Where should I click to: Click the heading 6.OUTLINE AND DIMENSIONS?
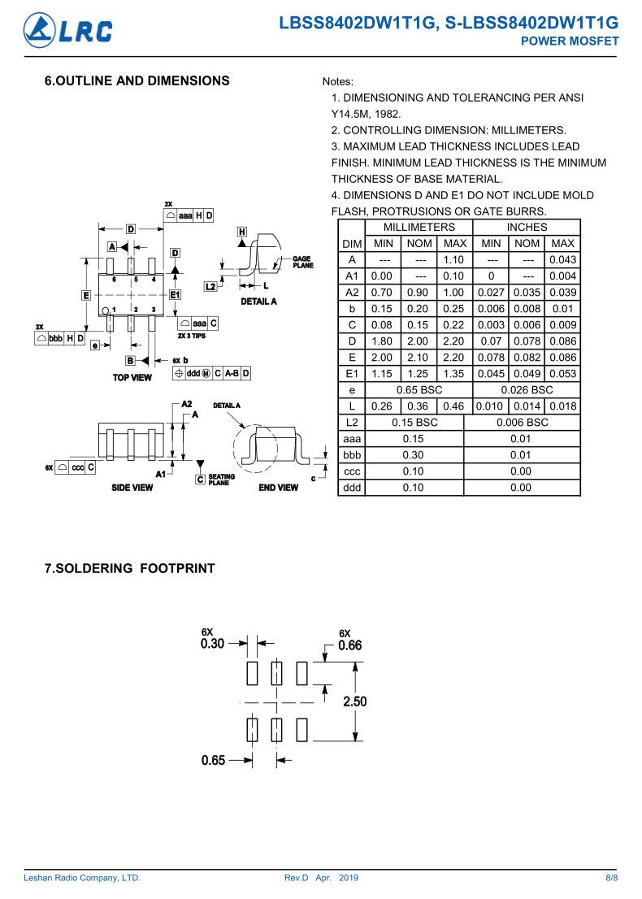(x=137, y=80)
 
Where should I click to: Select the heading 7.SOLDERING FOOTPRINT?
(x=129, y=568)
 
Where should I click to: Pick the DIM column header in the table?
(x=351, y=244)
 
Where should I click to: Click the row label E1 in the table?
(x=351, y=374)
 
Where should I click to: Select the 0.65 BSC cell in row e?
(x=419, y=390)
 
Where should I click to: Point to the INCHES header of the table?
(x=527, y=228)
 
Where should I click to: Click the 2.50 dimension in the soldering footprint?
(x=354, y=701)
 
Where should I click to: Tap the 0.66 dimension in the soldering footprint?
(x=349, y=645)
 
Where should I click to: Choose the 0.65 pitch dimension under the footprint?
(x=213, y=761)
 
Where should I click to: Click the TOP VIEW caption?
(x=132, y=377)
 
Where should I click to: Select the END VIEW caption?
(x=278, y=488)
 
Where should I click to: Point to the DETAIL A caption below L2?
(x=258, y=302)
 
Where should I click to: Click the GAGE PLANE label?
(x=302, y=262)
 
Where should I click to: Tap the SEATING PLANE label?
(x=221, y=480)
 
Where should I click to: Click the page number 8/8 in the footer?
(x=612, y=878)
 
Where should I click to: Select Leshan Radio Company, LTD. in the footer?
(x=82, y=878)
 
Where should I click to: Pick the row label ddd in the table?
(x=351, y=488)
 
